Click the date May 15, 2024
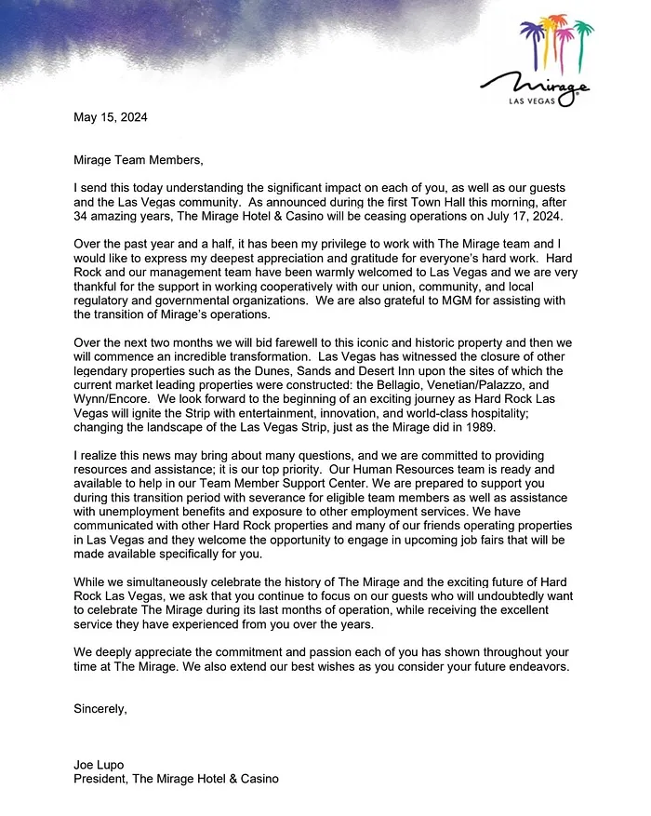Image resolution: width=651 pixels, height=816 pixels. click(x=111, y=118)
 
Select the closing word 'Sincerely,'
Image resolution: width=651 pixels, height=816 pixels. click(x=100, y=709)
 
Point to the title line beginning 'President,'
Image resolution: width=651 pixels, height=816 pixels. click(x=176, y=779)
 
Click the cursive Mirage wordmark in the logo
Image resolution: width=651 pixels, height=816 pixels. click(x=534, y=80)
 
